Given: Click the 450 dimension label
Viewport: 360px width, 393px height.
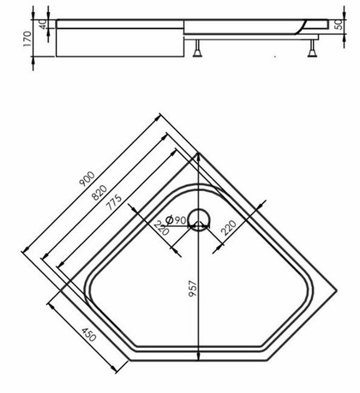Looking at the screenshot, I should click(x=89, y=337).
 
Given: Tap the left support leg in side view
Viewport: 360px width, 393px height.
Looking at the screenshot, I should click(x=197, y=50).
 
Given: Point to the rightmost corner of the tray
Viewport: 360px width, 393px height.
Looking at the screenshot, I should click(x=336, y=290).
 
